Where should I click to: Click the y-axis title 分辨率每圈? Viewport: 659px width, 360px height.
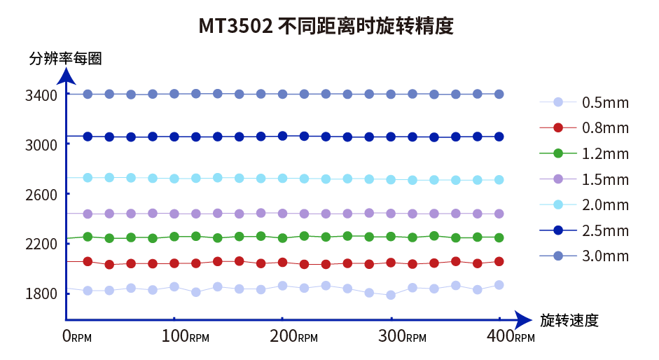click(x=65, y=59)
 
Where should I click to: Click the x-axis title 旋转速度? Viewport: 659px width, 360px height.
click(x=569, y=321)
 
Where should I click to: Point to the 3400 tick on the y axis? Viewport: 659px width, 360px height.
click(x=41, y=95)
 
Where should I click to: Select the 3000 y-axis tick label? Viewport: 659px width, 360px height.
click(x=41, y=144)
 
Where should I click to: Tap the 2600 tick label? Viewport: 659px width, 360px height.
click(x=41, y=194)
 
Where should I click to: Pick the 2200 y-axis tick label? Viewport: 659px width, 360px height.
click(x=41, y=244)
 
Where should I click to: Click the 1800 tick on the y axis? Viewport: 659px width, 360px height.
click(x=41, y=293)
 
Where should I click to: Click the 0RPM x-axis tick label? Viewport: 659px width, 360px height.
click(x=77, y=336)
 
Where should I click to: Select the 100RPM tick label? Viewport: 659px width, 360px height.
click(x=186, y=336)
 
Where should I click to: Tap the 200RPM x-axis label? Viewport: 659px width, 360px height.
click(x=295, y=336)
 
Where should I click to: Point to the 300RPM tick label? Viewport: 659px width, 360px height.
click(x=403, y=336)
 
